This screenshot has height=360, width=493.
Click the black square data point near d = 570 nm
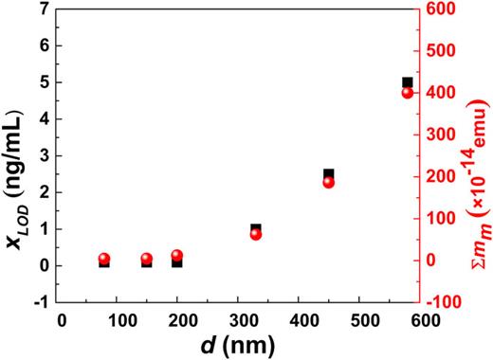[408, 82]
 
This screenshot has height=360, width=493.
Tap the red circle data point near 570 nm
[408, 93]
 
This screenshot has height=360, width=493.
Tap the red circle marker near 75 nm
[104, 259]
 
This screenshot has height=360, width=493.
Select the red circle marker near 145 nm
[147, 259]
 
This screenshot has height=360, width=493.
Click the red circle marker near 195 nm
[177, 255]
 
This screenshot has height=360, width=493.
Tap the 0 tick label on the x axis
[62, 319]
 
